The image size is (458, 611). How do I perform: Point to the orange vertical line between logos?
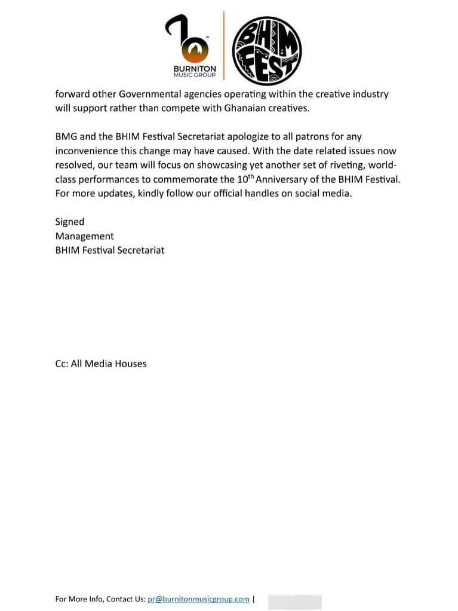[x=224, y=45]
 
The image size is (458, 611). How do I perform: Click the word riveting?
[x=341, y=165]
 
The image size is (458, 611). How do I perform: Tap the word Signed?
[x=70, y=222]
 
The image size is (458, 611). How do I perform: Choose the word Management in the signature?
[x=84, y=236]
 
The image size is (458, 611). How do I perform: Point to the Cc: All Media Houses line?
[x=100, y=363]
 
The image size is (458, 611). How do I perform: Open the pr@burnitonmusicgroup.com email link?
[x=198, y=599]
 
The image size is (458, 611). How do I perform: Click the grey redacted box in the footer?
[x=294, y=601]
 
